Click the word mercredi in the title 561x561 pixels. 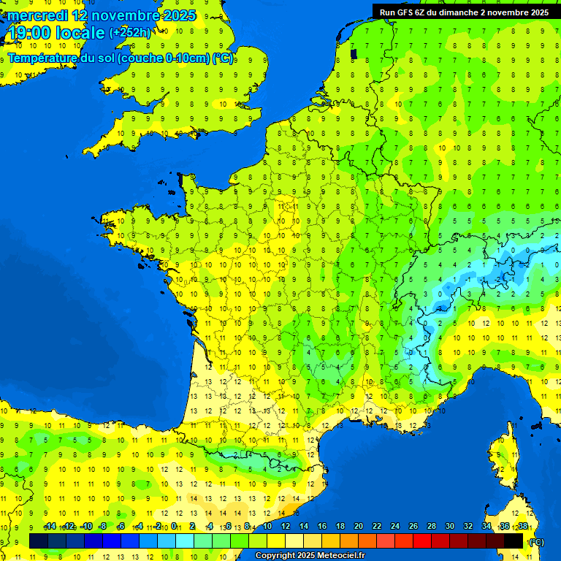38,15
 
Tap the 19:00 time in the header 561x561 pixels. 29,33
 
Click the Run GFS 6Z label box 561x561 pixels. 464,12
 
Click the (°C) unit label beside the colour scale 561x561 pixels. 535,542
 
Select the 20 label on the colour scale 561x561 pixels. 358,527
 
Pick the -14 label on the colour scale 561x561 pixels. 50,527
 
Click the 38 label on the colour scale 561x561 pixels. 522,527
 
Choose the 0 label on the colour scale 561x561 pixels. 175,527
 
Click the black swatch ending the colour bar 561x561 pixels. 514,541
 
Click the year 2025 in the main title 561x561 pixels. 179,15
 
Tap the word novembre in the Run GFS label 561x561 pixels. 505,12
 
